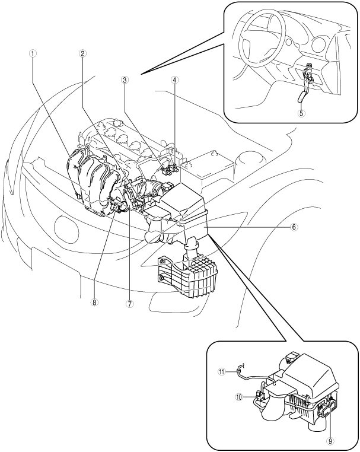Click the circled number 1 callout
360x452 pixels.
pyautogui.click(x=34, y=53)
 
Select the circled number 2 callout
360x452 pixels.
pyautogui.click(x=82, y=53)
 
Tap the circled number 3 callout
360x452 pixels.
pyautogui.click(x=125, y=80)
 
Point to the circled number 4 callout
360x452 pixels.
pyautogui.click(x=174, y=80)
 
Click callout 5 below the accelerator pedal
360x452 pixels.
pyautogui.click(x=301, y=113)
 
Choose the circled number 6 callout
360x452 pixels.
pyautogui.click(x=293, y=227)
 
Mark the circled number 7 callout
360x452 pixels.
pyautogui.click(x=129, y=303)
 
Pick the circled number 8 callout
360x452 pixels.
pyautogui.click(x=94, y=302)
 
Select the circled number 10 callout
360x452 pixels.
pyautogui.click(x=239, y=397)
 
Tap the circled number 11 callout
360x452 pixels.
pyautogui.click(x=221, y=372)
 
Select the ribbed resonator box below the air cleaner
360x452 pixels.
pyautogui.click(x=187, y=276)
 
